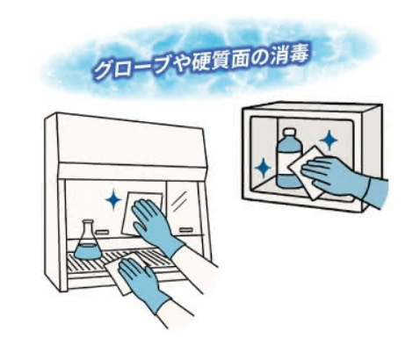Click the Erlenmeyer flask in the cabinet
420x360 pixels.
(88, 241)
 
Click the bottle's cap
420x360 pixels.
(290, 133)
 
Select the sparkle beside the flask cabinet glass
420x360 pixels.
(113, 200)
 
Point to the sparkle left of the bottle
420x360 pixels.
(263, 168)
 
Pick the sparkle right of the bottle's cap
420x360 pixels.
(329, 140)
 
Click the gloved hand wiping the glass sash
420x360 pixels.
(156, 224)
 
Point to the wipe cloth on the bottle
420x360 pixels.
(305, 173)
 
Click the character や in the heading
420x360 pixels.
(180, 66)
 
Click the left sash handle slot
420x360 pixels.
(103, 232)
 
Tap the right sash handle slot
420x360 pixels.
(185, 230)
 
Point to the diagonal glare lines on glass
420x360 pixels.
(179, 200)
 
